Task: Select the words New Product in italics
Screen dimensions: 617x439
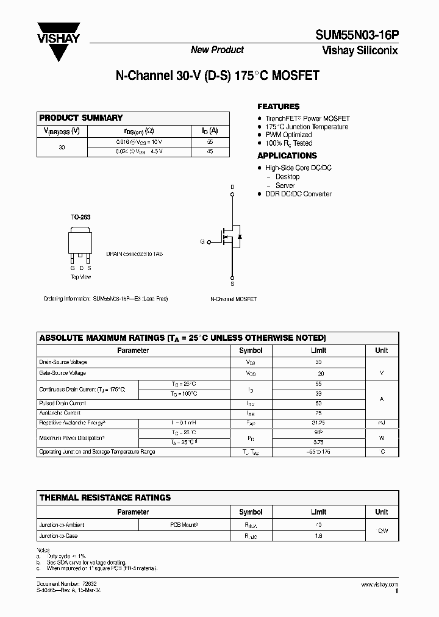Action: (217, 50)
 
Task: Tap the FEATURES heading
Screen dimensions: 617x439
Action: (278, 106)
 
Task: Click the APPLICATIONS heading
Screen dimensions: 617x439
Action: (287, 155)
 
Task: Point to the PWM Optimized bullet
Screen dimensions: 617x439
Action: (288, 135)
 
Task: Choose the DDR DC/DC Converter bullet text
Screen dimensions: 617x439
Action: (298, 194)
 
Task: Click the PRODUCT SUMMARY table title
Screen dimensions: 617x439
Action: (81, 118)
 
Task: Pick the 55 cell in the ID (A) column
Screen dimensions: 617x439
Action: (210, 141)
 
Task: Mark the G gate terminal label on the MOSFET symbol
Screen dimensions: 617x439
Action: (202, 242)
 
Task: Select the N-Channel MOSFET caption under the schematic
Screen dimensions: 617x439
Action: (233, 299)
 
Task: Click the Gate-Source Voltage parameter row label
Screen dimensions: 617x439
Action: (62, 373)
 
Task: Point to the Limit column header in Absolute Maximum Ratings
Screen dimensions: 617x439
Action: (318, 351)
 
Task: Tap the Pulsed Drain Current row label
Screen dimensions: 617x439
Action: (62, 403)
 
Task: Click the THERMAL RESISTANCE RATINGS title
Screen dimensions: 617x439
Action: (105, 498)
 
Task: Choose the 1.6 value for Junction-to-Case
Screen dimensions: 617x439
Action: (318, 536)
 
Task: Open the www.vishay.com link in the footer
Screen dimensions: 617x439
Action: (379, 585)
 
